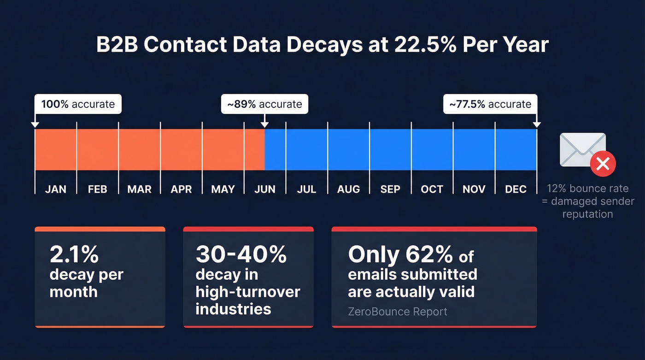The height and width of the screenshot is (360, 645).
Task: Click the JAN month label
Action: click(x=56, y=189)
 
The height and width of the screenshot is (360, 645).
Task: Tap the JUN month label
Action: click(x=265, y=189)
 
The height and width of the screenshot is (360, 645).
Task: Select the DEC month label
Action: click(x=516, y=189)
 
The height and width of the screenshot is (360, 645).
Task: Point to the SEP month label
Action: click(x=390, y=189)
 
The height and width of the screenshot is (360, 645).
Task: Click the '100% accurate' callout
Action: click(x=78, y=104)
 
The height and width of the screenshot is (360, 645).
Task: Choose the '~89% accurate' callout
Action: click(x=264, y=104)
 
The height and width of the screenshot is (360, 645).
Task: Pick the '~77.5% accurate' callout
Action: click(x=490, y=104)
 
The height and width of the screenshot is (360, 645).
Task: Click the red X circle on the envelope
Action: click(x=603, y=164)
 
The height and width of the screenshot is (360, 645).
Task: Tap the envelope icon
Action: click(x=582, y=149)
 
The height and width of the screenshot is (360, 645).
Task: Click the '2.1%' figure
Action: click(x=74, y=254)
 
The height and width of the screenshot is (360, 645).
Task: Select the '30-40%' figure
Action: click(x=241, y=254)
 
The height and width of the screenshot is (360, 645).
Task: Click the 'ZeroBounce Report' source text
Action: click(x=398, y=312)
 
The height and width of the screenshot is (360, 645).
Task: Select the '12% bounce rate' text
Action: click(x=587, y=189)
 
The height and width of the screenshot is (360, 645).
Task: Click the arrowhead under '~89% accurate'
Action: click(x=264, y=124)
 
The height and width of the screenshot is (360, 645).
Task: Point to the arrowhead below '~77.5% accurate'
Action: click(x=537, y=124)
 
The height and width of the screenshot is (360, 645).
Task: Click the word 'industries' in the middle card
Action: click(x=233, y=308)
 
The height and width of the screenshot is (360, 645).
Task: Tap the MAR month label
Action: click(x=139, y=189)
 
